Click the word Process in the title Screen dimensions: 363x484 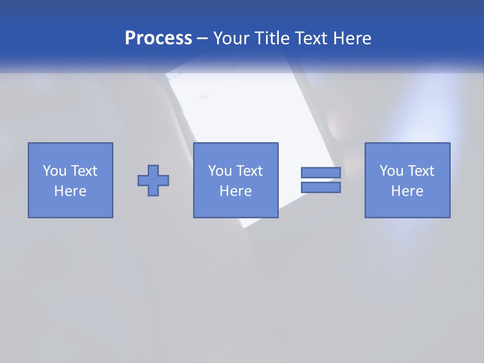(x=158, y=38)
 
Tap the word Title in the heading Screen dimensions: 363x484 (x=275, y=38)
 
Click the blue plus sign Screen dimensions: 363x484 (x=153, y=180)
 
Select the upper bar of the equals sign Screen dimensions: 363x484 (x=321, y=172)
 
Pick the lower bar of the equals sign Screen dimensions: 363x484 (x=321, y=188)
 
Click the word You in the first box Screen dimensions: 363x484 (x=54, y=171)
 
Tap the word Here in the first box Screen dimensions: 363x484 (x=70, y=191)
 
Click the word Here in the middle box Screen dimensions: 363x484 (x=235, y=191)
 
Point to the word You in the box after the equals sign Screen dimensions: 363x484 (x=391, y=171)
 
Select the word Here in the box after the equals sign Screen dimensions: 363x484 (x=407, y=191)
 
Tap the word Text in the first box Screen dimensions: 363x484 (x=84, y=171)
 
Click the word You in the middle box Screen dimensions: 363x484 (x=220, y=171)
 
